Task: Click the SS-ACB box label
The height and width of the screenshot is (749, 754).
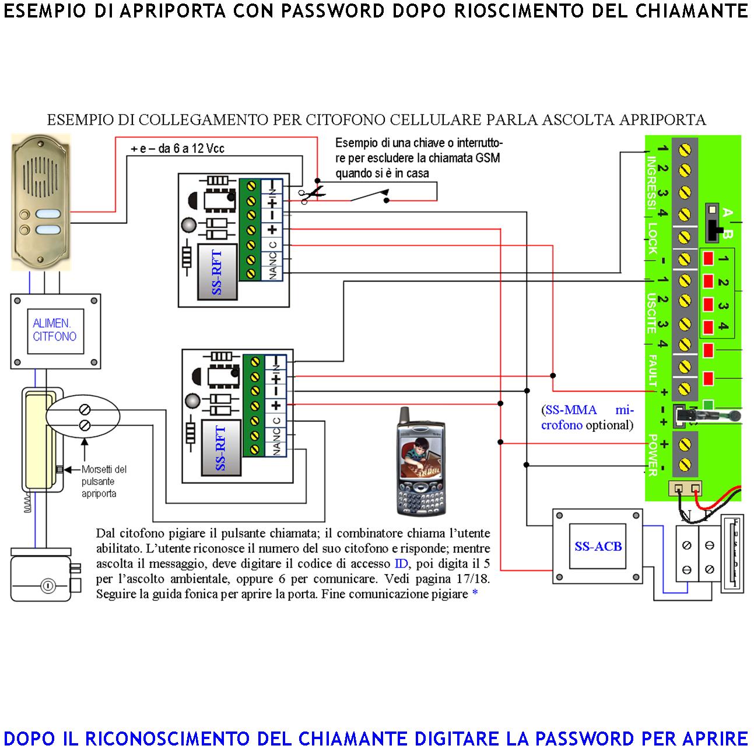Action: (x=598, y=546)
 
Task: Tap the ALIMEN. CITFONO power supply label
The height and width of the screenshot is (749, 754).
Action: (x=54, y=329)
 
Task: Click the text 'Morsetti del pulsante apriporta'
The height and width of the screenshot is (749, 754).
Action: (x=104, y=481)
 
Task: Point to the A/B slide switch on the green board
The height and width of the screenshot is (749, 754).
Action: (x=712, y=223)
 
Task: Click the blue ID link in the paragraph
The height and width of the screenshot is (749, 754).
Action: (x=401, y=564)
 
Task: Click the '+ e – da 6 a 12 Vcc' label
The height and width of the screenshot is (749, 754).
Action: (x=177, y=149)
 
